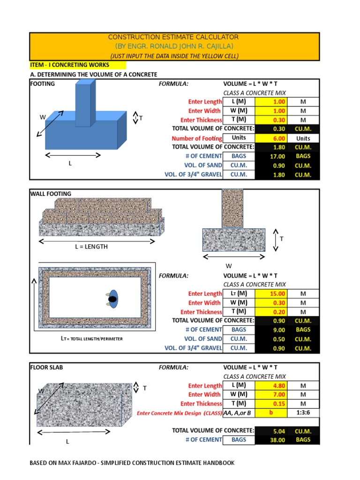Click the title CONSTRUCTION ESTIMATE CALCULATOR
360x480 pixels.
pos(173,37)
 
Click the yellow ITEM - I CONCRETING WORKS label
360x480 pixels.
pos(69,65)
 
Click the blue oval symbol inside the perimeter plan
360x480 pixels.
pos(112,299)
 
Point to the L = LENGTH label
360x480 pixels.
pos(91,247)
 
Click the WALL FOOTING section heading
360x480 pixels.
pos(51,194)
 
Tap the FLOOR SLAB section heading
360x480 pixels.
pos(46,367)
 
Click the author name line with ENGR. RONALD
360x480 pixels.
pos(173,46)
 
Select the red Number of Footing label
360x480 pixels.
pos(197,138)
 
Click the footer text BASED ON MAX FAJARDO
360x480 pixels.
pos(132,463)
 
